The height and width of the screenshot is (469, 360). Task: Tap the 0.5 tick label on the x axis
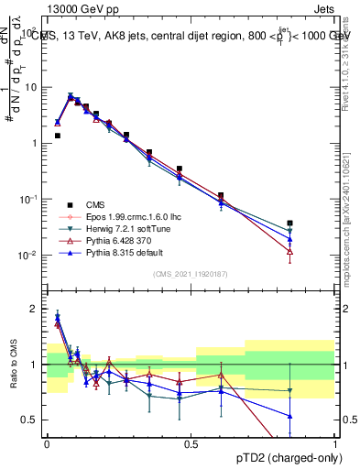(x=191, y=444)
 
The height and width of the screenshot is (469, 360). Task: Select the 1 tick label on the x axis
(x=335, y=444)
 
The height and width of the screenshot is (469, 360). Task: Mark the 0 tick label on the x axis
(x=47, y=444)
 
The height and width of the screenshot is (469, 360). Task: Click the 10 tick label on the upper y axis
(x=31, y=88)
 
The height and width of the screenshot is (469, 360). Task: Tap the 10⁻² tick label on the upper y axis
(x=29, y=255)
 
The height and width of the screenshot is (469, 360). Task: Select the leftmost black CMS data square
(x=57, y=136)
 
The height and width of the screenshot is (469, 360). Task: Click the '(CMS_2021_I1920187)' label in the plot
(x=191, y=274)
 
